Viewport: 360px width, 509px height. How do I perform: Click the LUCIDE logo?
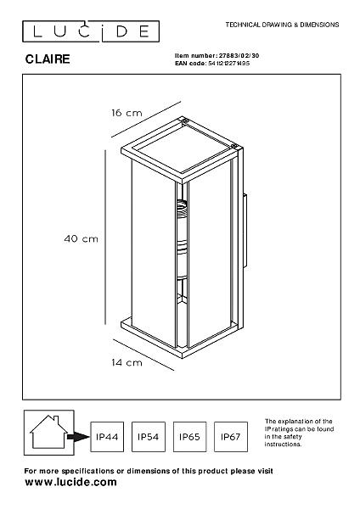(x=91, y=31)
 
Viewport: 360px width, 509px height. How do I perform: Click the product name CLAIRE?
(x=48, y=59)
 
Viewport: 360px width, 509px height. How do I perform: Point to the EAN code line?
(x=212, y=64)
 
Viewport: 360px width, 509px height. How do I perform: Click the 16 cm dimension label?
(x=127, y=113)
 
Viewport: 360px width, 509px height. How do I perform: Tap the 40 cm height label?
(x=81, y=239)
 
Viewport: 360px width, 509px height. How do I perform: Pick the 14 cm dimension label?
(x=127, y=362)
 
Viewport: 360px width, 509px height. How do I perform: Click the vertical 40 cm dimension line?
(x=105, y=237)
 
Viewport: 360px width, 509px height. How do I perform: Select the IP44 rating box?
(x=107, y=437)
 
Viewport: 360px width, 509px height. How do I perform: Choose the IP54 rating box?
(x=148, y=437)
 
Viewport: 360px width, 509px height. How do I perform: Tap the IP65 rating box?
(x=189, y=437)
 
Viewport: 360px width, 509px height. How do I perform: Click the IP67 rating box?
(x=231, y=437)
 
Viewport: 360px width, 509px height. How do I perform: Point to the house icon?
(x=48, y=432)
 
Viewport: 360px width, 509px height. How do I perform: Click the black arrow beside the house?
(x=78, y=437)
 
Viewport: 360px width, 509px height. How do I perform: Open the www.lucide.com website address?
(x=70, y=482)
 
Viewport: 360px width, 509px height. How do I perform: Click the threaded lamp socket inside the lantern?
(x=182, y=210)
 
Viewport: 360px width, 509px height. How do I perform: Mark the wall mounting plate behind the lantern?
(x=245, y=231)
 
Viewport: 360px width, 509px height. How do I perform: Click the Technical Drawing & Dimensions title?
(x=283, y=25)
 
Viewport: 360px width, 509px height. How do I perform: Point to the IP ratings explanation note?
(x=299, y=433)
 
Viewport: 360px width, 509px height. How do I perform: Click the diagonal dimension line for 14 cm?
(x=143, y=355)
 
